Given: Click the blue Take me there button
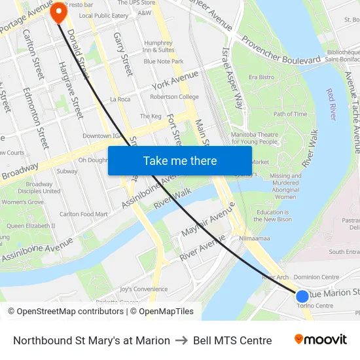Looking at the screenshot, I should tap(180, 160).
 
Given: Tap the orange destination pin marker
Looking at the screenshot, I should tap(58, 10).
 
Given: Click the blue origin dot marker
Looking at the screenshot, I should tap(302, 297).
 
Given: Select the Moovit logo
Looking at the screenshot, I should tap(320, 340).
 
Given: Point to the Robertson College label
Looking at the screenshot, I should tap(174, 97).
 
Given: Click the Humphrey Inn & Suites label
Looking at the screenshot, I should tap(158, 46).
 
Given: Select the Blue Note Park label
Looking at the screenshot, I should tap(163, 62).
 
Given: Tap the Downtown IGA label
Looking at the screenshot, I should tap(102, 136).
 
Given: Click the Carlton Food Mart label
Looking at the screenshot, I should tap(84, 214).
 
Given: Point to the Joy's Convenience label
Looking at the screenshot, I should tap(144, 289).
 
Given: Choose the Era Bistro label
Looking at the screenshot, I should tap(261, 77).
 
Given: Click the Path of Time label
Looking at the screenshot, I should tap(290, 114).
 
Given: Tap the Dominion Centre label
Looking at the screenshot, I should tap(315, 278).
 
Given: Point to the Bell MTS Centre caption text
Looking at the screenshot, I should tap(232, 340).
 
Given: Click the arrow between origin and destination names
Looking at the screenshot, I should tap(181, 340).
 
